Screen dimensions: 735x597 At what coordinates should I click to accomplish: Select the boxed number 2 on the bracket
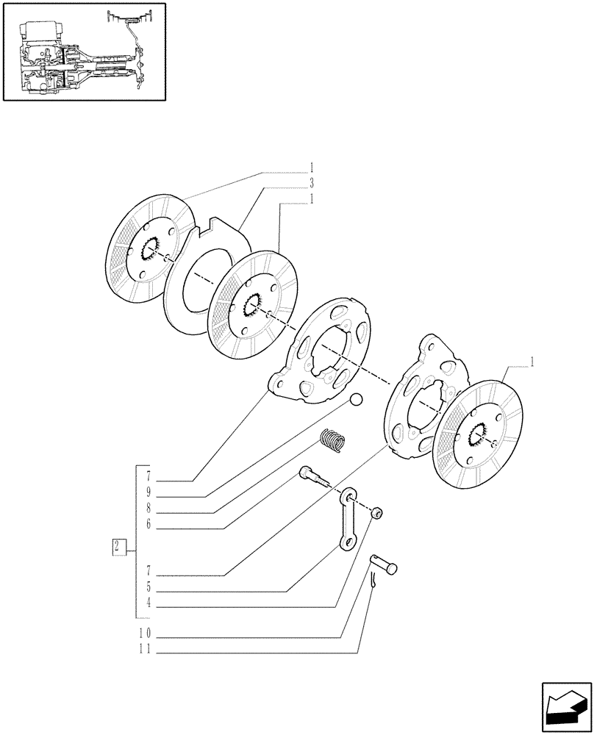tap(117, 546)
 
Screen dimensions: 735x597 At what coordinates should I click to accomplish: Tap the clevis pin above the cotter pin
tap(384, 564)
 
